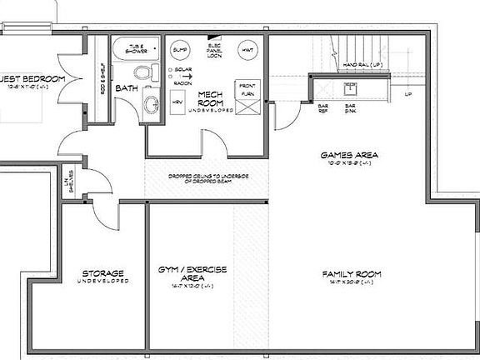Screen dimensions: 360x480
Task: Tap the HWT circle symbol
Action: tap(248, 49)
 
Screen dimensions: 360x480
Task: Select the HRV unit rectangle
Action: tap(177, 101)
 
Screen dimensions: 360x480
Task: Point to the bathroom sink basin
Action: tap(152, 104)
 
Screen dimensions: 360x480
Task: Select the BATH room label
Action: tap(127, 87)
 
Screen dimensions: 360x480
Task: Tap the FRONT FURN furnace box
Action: tap(248, 90)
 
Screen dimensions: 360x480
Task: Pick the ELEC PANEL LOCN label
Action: tap(215, 49)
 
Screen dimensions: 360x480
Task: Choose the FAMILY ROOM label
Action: tap(352, 273)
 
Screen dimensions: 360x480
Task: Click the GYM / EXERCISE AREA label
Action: tap(192, 274)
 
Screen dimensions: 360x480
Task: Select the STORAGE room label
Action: tap(103, 273)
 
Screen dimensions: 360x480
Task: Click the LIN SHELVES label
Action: tap(72, 183)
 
